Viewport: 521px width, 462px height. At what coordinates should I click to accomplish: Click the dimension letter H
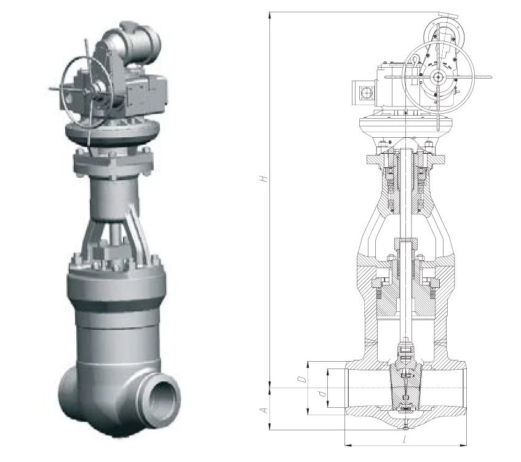[264, 179]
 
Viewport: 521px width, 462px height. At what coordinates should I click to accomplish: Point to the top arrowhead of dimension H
[269, 15]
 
